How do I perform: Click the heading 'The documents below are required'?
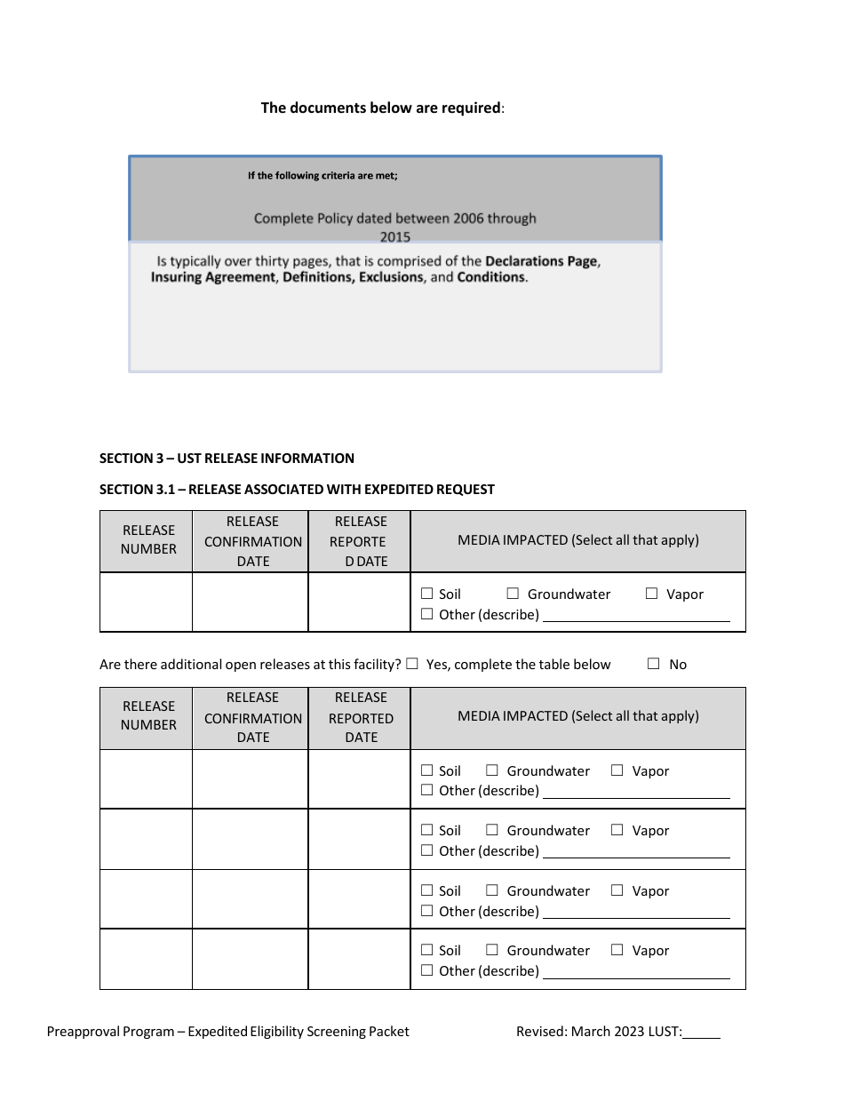[x=381, y=108]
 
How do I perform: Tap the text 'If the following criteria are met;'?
[x=322, y=176]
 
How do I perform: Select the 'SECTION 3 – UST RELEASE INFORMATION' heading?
[x=227, y=459]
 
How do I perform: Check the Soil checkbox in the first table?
[x=426, y=594]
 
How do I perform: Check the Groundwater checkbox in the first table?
[x=513, y=594]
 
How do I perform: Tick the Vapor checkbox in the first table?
[x=651, y=594]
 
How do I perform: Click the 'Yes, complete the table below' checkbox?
[x=411, y=664]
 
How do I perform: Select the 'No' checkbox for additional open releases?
[x=654, y=664]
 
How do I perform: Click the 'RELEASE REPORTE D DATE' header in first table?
[x=360, y=541]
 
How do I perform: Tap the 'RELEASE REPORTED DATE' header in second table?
[x=361, y=718]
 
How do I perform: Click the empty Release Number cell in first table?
[x=146, y=602]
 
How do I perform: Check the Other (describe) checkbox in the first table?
[x=426, y=614]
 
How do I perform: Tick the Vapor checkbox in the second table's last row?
[x=617, y=950]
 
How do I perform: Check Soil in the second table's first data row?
[x=426, y=770]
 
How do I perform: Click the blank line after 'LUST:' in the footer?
[x=702, y=1033]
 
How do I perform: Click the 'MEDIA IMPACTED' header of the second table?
[x=577, y=716]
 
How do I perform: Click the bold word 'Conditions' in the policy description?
[x=491, y=277]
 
